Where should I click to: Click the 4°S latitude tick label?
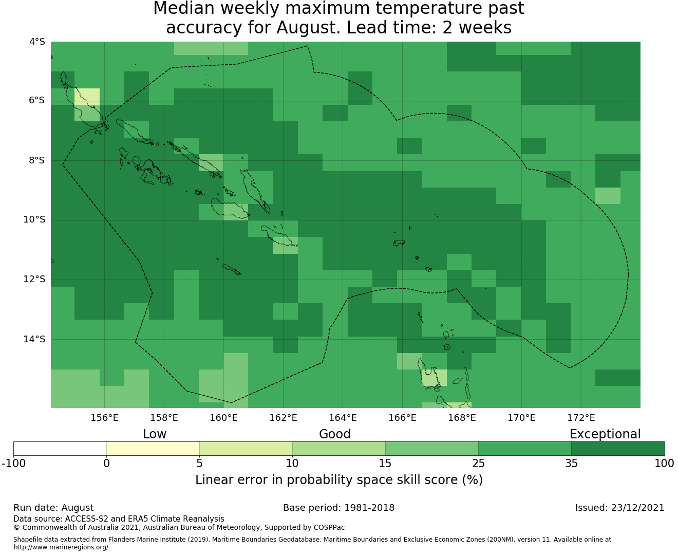pos(37,42)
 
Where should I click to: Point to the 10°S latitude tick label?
pos(34,220)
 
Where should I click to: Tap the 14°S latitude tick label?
pos(34,339)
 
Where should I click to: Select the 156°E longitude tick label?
pos(104,418)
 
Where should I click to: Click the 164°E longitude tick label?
pos(343,418)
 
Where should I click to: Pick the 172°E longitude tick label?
pos(581,418)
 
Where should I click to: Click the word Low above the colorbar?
pos(155,434)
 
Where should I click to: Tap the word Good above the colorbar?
pos(335,434)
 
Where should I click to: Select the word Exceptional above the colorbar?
pos(605,434)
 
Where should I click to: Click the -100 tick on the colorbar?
pos(13,464)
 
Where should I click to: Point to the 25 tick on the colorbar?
pos(478,464)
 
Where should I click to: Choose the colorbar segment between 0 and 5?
pos(153,449)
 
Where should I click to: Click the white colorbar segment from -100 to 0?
pos(60,449)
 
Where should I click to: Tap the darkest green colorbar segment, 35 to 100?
pos(618,449)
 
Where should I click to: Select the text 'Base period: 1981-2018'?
pos(338,508)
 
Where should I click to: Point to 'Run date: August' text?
pos(53,508)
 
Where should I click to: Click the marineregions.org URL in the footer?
pos(62,547)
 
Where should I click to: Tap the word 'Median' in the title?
pos(183,8)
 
